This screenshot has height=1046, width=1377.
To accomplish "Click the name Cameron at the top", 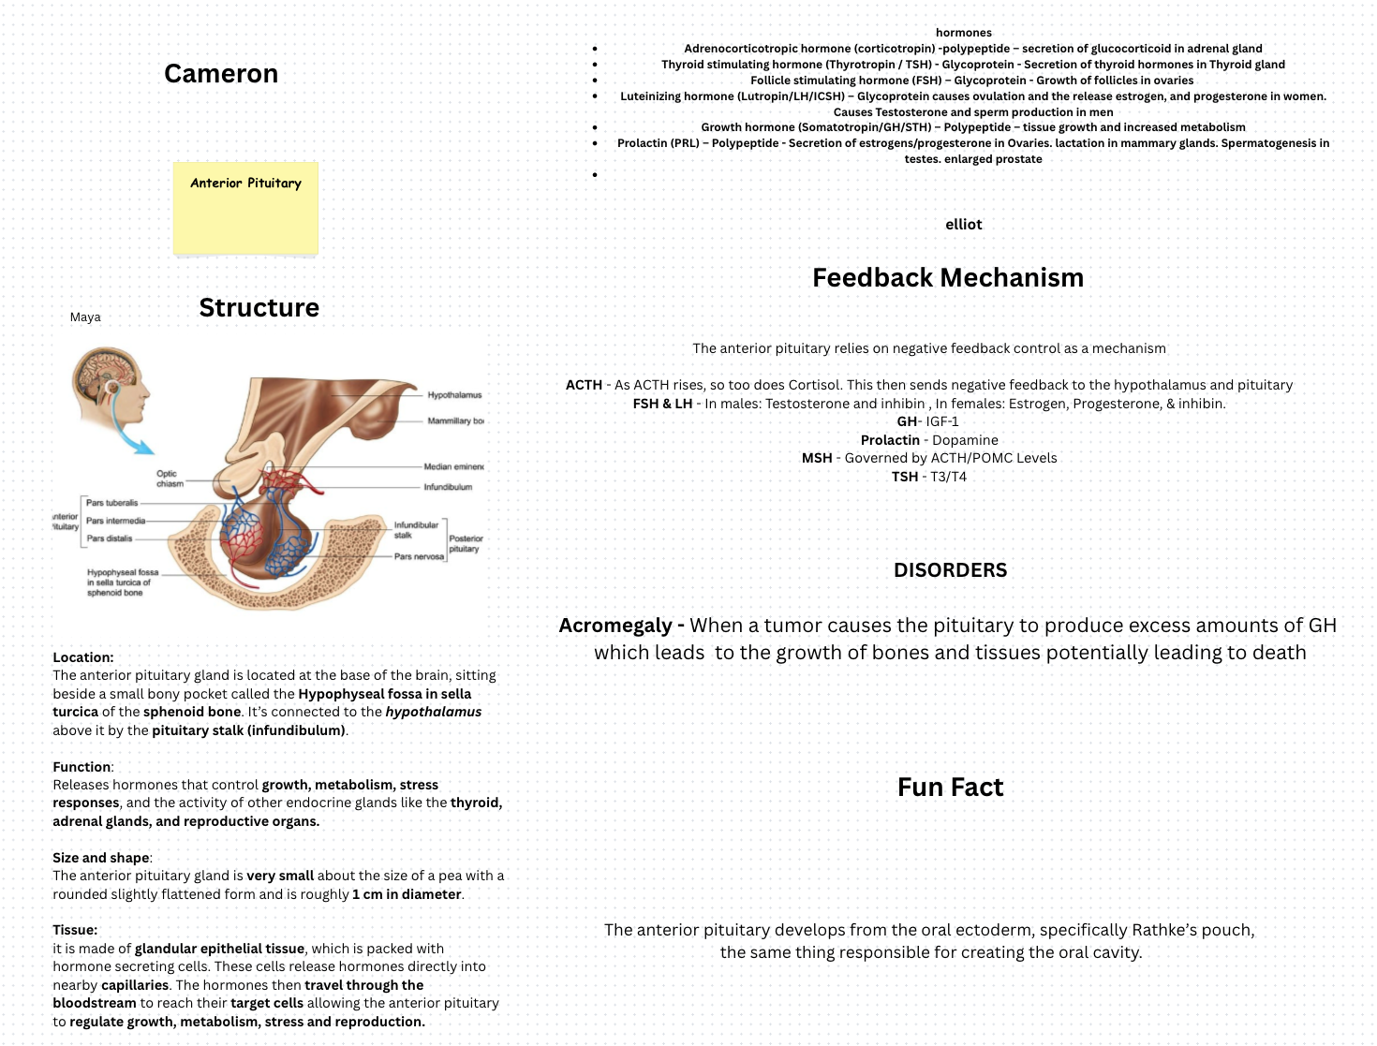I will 221,74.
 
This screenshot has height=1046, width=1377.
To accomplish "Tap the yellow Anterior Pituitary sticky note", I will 245,208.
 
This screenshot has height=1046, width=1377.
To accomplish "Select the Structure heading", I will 259,307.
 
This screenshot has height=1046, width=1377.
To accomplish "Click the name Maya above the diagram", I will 85,317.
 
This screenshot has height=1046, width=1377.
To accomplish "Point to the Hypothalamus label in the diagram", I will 454,395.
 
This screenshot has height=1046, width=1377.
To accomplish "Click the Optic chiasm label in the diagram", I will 169,479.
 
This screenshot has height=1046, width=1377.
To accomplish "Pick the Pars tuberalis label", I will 111,503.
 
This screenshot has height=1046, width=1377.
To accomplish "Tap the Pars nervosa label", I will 419,556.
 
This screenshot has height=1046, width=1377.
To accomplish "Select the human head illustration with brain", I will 110,384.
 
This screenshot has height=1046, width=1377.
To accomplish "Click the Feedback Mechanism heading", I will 948,277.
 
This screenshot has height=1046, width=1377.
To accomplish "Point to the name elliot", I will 963,225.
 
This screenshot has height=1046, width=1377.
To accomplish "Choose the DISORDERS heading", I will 950,570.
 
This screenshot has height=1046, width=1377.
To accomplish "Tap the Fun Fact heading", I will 950,788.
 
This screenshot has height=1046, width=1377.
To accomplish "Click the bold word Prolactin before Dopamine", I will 890,440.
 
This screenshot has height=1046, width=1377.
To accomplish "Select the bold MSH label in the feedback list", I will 817,458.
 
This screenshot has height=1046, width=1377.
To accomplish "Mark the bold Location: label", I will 83,657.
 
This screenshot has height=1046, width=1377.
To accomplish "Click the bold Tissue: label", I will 75,930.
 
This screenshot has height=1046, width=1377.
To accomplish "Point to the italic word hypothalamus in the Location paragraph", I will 434,712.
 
